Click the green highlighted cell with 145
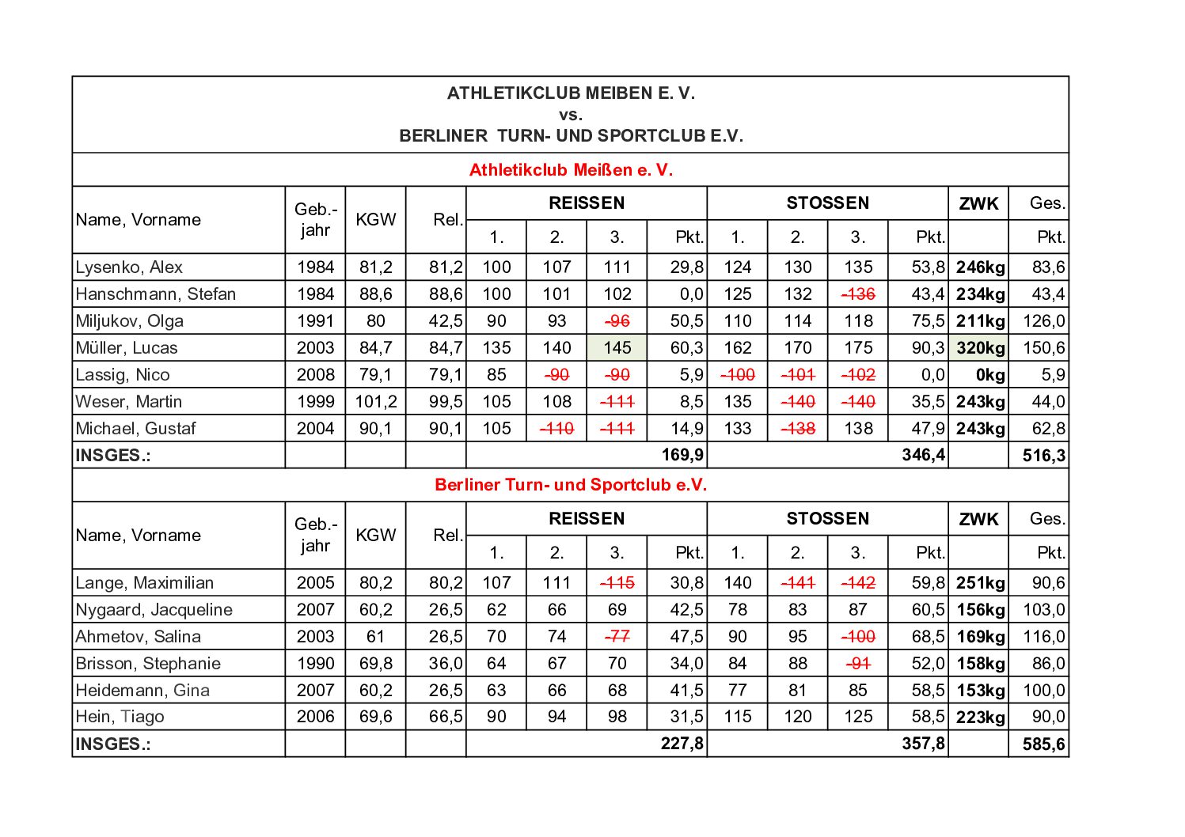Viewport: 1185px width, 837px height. point(617,348)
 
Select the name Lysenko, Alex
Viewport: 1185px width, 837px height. point(129,267)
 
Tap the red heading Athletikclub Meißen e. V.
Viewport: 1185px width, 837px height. point(571,170)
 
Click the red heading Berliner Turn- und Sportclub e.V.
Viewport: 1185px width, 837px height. point(571,485)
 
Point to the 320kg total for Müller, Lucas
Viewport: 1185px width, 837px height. point(980,348)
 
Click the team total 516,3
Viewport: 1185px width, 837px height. point(1043,456)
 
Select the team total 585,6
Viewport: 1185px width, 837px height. point(1043,744)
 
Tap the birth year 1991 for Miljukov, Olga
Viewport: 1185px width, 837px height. point(315,321)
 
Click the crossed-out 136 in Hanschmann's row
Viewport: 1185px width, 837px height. point(858,294)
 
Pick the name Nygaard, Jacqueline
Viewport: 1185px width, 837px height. point(154,610)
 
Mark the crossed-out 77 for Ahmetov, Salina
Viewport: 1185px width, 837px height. point(617,637)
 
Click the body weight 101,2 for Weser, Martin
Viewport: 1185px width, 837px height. point(375,402)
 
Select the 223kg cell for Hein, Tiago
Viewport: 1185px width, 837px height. point(980,718)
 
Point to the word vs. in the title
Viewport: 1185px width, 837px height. point(570,115)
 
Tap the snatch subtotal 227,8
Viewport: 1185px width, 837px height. point(682,744)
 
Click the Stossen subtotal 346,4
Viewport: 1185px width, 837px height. point(923,456)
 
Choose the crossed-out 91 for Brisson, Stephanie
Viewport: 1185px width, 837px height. point(858,664)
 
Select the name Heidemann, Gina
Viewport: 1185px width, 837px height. point(142,691)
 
